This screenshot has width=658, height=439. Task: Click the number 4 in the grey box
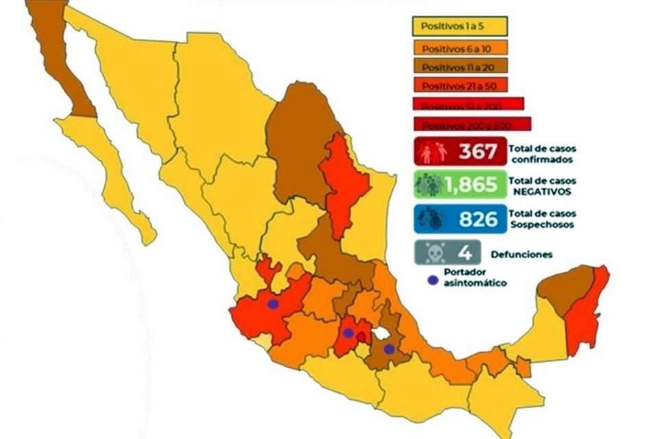click(465, 254)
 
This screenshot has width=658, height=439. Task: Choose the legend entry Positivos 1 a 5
click(459, 27)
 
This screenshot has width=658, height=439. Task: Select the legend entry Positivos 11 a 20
click(459, 67)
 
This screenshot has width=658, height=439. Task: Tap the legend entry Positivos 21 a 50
click(459, 86)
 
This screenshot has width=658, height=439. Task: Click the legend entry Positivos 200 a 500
click(472, 125)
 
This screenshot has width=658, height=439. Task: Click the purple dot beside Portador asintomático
click(431, 280)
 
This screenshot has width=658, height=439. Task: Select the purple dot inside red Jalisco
click(273, 304)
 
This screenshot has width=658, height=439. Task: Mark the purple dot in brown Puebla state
click(389, 349)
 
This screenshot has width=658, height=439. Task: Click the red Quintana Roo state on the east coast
click(587, 312)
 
